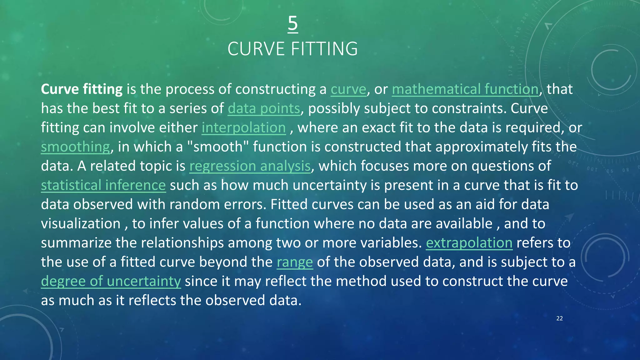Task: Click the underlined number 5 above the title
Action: (x=292, y=24)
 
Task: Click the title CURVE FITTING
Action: (x=292, y=49)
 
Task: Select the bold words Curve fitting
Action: (x=82, y=89)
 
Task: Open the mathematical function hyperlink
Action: (x=465, y=89)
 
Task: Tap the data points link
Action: (x=264, y=109)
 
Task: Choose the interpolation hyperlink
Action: (x=243, y=128)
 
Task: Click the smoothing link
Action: (x=75, y=147)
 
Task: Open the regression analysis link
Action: (x=250, y=166)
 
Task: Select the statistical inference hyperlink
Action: (x=103, y=185)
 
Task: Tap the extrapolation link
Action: (x=469, y=243)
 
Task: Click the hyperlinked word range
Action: (x=295, y=262)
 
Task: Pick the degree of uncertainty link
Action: (x=111, y=281)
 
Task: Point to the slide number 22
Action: (x=559, y=318)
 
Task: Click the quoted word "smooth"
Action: (x=217, y=147)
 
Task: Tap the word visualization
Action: (x=81, y=224)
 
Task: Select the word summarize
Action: (x=76, y=243)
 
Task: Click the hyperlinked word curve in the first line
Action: (x=348, y=89)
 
